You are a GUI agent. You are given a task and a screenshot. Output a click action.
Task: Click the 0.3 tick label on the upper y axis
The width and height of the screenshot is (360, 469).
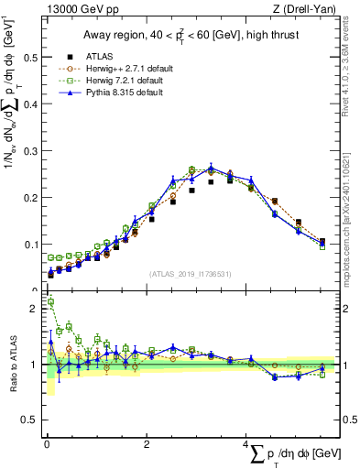pyautogui.click(x=26, y=150)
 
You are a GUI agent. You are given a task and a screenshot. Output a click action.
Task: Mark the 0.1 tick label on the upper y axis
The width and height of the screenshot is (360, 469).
pyautogui.click(x=26, y=244)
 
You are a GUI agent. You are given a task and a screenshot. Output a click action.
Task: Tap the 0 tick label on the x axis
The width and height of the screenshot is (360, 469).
pyautogui.click(x=47, y=443)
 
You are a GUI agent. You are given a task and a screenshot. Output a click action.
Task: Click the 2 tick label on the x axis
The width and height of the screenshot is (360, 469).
pyautogui.click(x=147, y=443)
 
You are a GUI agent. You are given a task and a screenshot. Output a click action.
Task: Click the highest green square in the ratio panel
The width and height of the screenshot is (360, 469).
pyautogui.click(x=50, y=301)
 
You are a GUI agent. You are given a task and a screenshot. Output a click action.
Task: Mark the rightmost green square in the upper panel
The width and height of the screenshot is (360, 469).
pyautogui.click(x=322, y=246)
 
